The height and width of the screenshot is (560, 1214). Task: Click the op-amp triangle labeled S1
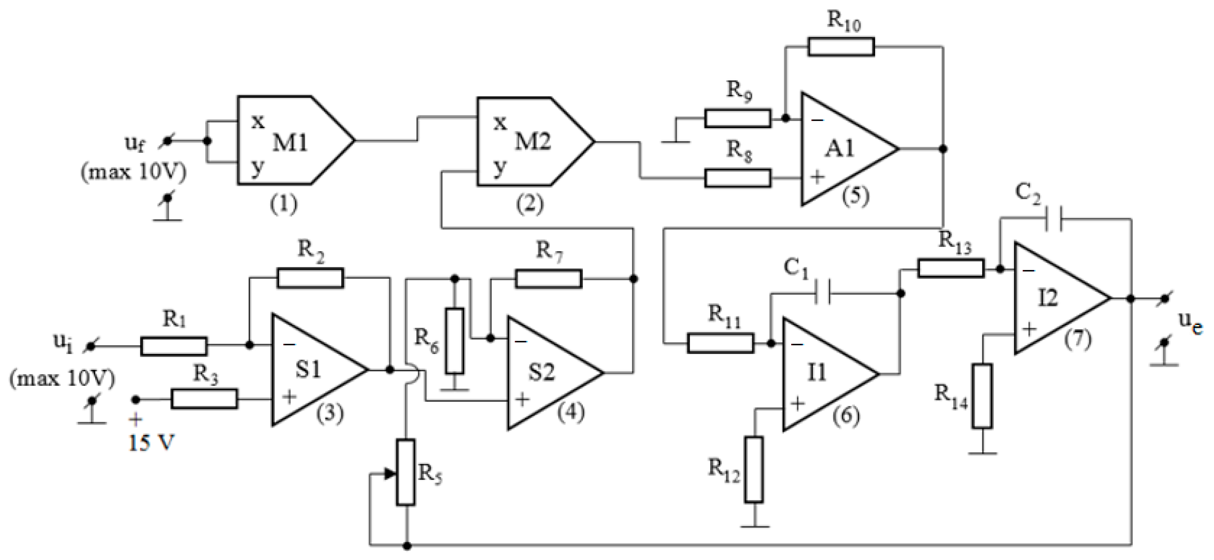(x=311, y=370)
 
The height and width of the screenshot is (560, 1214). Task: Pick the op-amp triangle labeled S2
(x=547, y=372)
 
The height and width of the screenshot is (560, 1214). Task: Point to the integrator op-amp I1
(x=822, y=374)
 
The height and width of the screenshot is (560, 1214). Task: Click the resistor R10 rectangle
(x=841, y=47)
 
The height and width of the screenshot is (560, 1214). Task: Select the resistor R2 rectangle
(x=310, y=278)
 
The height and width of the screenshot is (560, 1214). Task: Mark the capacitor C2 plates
(x=1054, y=219)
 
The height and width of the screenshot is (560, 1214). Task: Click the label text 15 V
(x=151, y=443)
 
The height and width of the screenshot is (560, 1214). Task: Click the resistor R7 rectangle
(x=549, y=279)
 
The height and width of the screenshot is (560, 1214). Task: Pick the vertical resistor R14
(x=982, y=396)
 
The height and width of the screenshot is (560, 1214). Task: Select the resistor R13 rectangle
(x=950, y=268)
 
